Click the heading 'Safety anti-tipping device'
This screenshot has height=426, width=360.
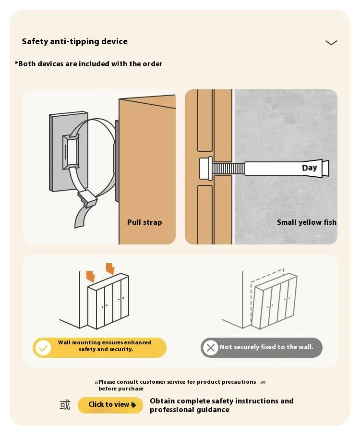pos(75,41)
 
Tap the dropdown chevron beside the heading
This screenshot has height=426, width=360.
pos(331,43)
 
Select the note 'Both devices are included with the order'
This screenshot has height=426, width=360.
pos(88,64)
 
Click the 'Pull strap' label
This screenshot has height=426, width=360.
pos(144,222)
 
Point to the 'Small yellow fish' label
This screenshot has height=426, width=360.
pos(307,222)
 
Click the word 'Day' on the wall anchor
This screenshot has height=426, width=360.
pos(310,168)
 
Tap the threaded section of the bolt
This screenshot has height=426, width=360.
pos(228,169)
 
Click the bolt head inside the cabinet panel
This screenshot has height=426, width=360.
pos(206,169)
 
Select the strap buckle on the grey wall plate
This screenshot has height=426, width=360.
pos(71,152)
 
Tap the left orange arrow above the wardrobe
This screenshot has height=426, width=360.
pos(91,276)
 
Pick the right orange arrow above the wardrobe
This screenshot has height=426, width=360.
pos(110,268)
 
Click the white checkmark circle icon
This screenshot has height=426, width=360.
pos(43,348)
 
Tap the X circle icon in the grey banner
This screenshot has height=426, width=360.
pos(210,348)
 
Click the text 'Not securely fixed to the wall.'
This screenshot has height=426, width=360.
pos(266,347)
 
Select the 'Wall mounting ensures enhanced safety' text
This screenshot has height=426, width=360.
pos(105,346)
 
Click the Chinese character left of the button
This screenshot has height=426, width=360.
pos(65,405)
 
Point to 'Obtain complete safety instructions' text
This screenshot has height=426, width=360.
pos(222,401)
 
